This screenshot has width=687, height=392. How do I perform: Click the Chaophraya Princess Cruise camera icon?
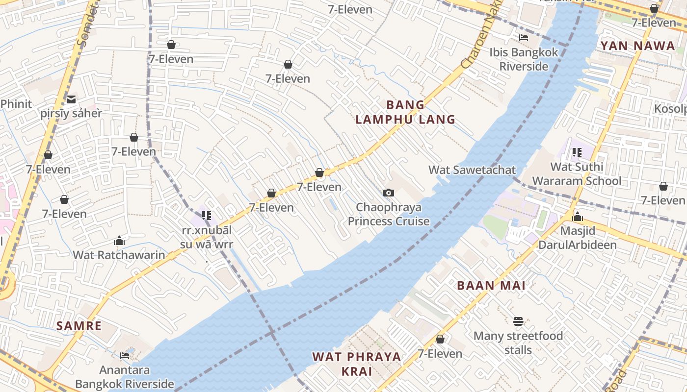click(389, 193)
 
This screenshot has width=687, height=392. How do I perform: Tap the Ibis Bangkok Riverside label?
click(524, 59)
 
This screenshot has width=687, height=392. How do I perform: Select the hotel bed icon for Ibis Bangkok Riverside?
click(524, 38)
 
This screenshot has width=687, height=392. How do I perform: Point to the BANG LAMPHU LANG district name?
click(405, 112)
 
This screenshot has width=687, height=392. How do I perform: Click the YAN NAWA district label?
click(637, 46)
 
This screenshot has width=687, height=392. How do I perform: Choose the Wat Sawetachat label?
click(472, 170)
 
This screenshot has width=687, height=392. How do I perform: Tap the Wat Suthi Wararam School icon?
click(577, 152)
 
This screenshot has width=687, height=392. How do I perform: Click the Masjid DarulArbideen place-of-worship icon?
click(578, 216)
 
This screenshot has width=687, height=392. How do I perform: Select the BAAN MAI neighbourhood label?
click(491, 286)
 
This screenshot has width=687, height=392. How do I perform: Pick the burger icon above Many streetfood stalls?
click(518, 321)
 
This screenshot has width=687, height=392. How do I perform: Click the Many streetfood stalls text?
click(518, 343)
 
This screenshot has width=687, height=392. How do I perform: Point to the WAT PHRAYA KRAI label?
click(357, 364)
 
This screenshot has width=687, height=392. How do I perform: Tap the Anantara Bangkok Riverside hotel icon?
click(125, 355)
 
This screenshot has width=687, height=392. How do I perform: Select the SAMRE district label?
click(79, 326)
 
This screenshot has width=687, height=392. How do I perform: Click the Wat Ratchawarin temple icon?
click(119, 241)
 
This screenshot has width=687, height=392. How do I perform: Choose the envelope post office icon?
click(71, 99)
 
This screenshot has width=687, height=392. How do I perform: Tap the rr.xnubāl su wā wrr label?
click(207, 237)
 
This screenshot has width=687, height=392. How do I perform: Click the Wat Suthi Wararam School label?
click(577, 174)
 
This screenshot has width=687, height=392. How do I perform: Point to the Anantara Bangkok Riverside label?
click(125, 377)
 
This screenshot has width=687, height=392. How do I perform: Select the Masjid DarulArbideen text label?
click(578, 238)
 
